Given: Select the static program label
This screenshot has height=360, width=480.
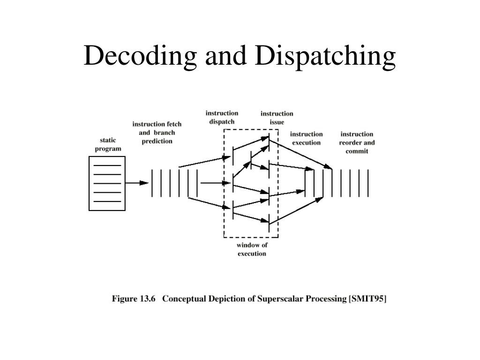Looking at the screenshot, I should [x=108, y=144].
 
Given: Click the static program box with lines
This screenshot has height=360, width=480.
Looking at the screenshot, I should [x=107, y=183].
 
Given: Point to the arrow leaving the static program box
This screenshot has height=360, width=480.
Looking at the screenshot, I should [x=137, y=183].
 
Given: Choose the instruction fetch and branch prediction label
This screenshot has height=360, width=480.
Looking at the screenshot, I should [x=157, y=132].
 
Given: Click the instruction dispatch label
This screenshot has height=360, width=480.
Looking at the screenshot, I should [x=222, y=117].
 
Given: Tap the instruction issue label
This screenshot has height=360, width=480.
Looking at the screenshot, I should [x=277, y=118].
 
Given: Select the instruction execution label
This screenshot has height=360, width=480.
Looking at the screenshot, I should [x=306, y=138].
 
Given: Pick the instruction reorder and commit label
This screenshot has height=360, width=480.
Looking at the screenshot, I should [x=357, y=142].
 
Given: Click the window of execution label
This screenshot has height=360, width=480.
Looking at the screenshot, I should [x=252, y=249].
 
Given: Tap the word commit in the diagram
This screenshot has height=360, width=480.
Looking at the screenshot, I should [x=357, y=151].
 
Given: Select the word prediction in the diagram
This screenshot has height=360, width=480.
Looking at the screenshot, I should [x=157, y=141].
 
